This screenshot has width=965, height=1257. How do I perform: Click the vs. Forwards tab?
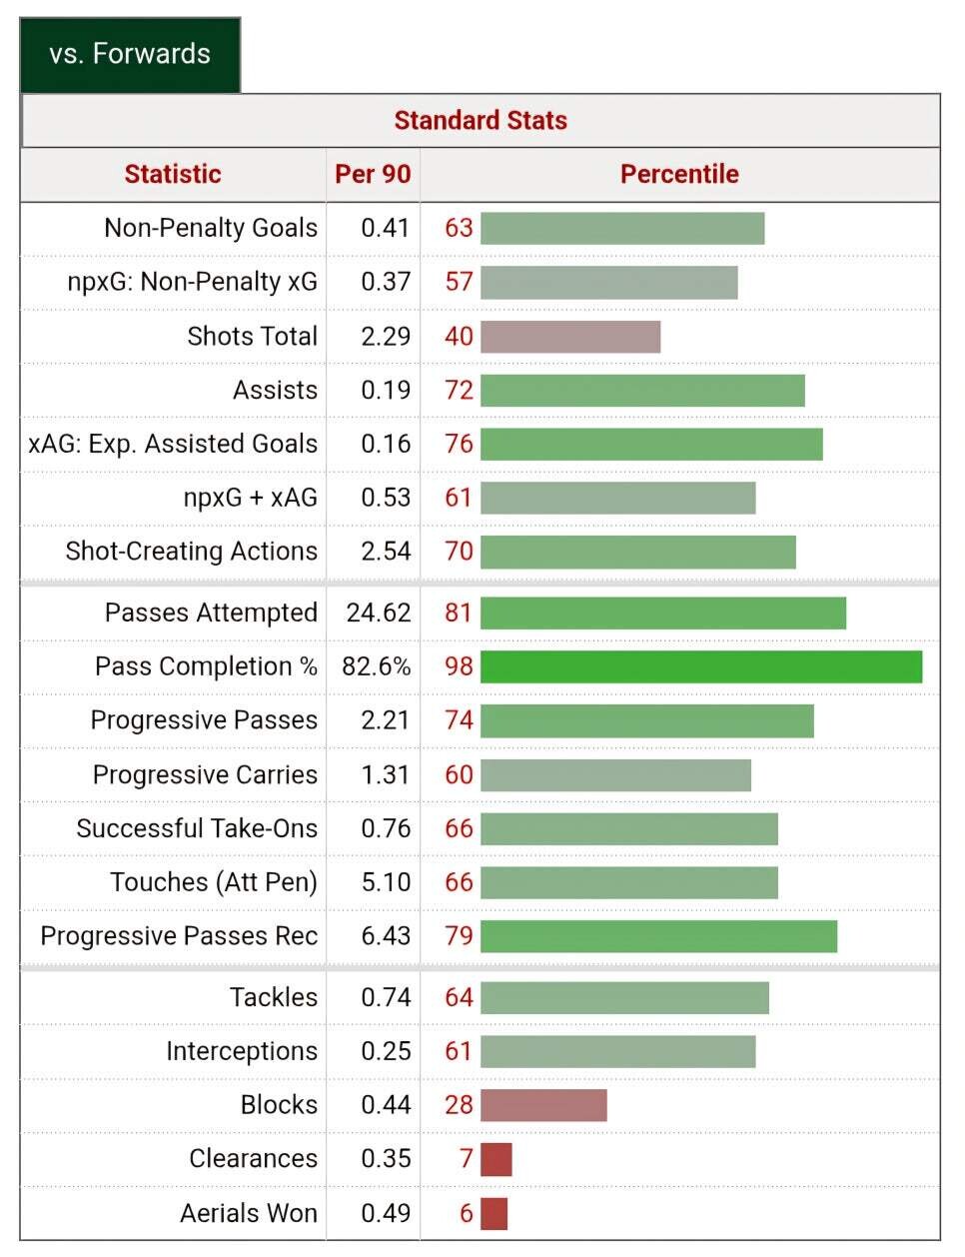130,54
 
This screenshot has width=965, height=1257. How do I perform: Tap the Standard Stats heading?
481,121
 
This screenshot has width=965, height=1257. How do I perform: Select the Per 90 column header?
373,174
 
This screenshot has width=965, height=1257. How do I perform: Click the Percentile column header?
679,174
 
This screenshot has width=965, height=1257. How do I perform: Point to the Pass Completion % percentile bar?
700,666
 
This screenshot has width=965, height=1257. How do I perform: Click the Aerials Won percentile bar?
494,1213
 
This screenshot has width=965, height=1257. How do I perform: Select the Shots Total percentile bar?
570,337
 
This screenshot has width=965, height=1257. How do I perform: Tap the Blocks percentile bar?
543,1105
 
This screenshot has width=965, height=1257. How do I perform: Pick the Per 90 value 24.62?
379,613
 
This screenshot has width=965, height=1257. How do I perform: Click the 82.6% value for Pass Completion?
377,666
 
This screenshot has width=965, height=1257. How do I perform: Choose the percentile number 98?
459,666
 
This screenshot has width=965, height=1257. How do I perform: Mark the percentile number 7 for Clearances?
466,1159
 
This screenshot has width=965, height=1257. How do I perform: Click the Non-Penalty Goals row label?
211,228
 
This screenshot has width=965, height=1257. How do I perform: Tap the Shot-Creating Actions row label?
192,552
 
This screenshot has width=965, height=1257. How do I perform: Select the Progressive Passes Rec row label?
179,936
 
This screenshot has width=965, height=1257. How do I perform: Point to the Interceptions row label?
242,1051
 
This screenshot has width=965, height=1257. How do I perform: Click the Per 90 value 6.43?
386,936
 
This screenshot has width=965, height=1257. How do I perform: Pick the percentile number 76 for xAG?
459,444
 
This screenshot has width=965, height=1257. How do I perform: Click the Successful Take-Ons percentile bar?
628,828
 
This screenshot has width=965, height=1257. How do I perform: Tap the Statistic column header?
173,174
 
